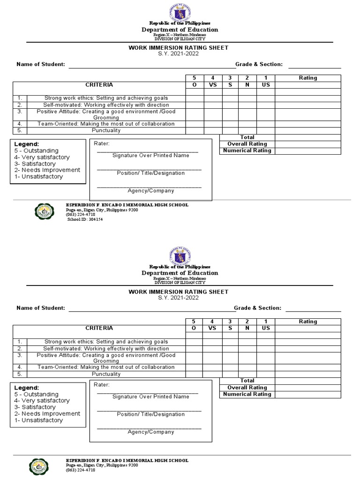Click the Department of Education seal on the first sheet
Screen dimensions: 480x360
(180, 11)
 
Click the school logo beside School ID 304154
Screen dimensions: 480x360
(45, 212)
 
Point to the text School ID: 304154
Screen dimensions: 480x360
(85, 219)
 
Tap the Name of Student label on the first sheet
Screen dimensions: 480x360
(40, 64)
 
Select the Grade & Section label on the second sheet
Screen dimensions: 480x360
(257, 308)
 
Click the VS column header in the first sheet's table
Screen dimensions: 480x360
(213, 85)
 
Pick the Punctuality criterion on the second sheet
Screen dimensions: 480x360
(106, 375)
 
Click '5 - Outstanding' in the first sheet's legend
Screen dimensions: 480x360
(37, 150)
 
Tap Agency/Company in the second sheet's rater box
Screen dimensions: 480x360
(151, 432)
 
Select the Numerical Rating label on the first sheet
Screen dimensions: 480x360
(247, 150)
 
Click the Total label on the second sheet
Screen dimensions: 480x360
(247, 381)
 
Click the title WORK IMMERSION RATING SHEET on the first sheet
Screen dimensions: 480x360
(179, 48)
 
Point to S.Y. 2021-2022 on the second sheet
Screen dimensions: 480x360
(179, 298)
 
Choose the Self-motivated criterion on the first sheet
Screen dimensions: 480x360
(106, 105)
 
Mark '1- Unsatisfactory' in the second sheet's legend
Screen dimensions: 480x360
(38, 420)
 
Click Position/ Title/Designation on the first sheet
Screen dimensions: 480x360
(151, 173)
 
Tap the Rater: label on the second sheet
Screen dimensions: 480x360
(102, 385)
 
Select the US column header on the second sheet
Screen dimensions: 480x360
(266, 328)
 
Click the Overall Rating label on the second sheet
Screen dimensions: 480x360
(247, 388)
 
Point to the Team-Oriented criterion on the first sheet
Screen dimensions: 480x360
(106, 124)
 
